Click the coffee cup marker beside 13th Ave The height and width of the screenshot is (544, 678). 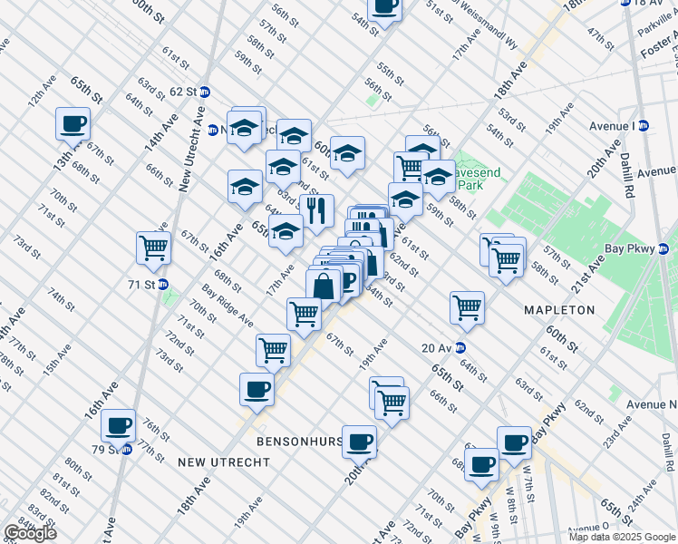tap(73, 123)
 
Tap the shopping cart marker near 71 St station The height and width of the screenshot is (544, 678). tap(153, 247)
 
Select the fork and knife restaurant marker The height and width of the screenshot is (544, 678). tap(316, 211)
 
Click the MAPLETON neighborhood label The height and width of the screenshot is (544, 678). tap(559, 310)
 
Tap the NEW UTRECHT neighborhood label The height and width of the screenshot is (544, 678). tap(224, 462)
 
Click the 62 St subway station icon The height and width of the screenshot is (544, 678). tap(205, 92)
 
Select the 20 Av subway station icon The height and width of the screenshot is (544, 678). tap(460, 347)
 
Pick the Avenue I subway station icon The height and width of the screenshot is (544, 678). tap(644, 125)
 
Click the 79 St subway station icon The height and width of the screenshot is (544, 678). tap(126, 450)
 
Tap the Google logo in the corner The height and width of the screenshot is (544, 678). tap(29, 533)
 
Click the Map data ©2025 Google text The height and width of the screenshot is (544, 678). tap(620, 537)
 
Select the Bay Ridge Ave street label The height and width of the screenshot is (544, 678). tap(227, 306)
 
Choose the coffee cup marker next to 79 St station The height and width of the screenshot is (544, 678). tap(118, 424)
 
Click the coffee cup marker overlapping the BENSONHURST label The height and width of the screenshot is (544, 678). tap(359, 441)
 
